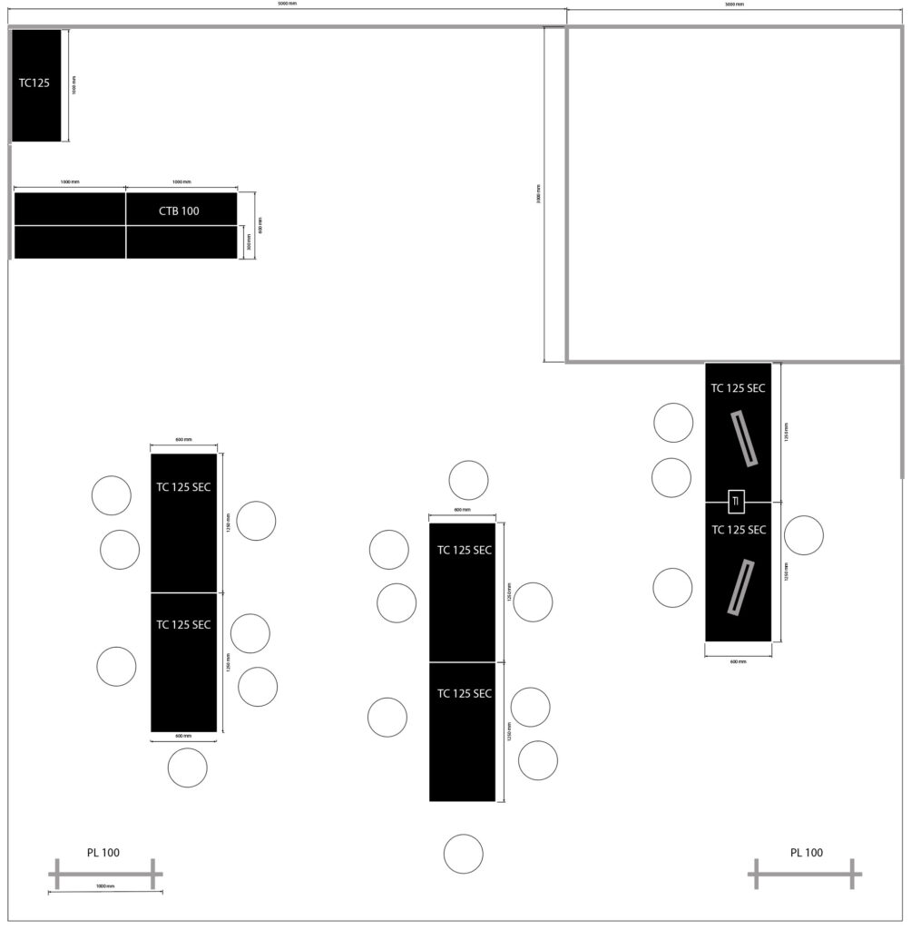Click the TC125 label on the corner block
click(x=34, y=83)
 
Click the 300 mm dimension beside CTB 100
click(x=249, y=242)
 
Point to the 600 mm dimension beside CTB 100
click(x=260, y=224)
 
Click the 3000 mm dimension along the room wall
click(x=538, y=194)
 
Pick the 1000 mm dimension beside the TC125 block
click(x=74, y=84)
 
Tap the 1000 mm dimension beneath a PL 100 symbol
click(x=104, y=886)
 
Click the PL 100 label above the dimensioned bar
click(x=103, y=853)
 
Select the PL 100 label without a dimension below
click(x=806, y=853)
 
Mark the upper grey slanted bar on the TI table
click(x=745, y=439)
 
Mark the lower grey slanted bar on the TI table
click(x=740, y=588)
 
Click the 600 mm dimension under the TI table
click(x=739, y=661)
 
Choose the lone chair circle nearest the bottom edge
click(x=463, y=854)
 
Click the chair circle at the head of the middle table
click(x=468, y=480)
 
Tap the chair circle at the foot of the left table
click(x=187, y=768)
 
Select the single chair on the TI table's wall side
click(x=803, y=535)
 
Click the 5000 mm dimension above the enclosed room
click(x=734, y=5)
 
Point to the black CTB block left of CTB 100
click(x=70, y=210)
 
